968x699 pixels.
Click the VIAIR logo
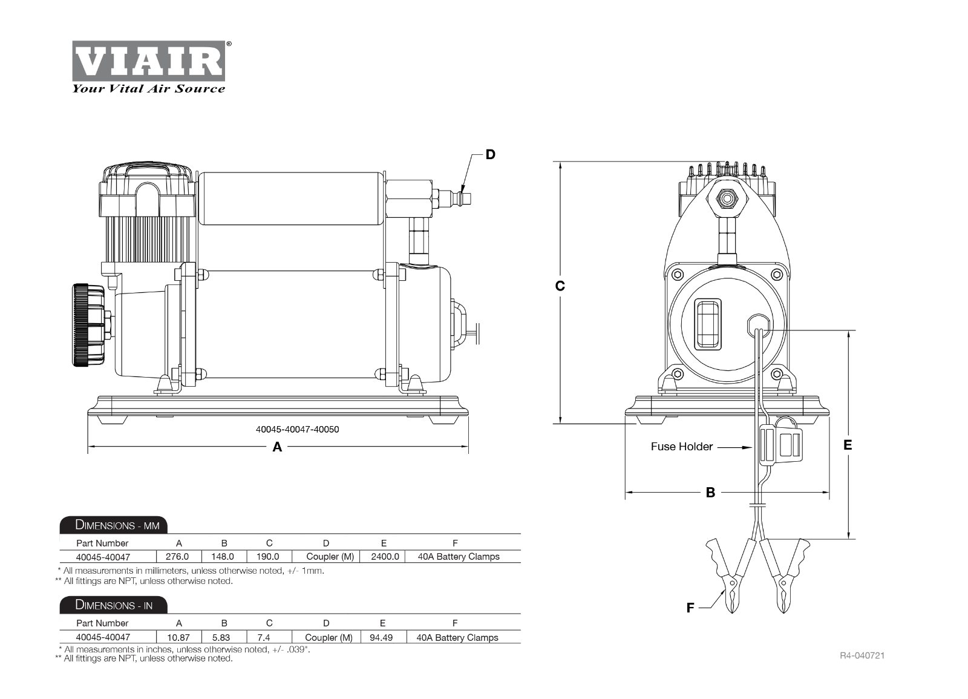(x=149, y=61)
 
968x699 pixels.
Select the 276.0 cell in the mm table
(x=177, y=556)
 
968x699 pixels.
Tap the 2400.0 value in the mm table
(x=385, y=556)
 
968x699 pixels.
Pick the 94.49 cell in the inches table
(x=381, y=637)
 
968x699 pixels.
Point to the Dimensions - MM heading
(x=114, y=525)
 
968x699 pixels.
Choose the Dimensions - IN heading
(x=114, y=605)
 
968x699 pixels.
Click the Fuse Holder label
(x=682, y=447)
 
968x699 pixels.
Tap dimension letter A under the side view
(x=277, y=447)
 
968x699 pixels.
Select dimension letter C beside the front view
(x=560, y=286)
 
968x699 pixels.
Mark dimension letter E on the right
(x=848, y=445)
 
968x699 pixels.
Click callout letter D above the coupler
(x=490, y=155)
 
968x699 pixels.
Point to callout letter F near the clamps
(x=690, y=608)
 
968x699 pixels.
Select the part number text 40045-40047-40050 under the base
(x=297, y=430)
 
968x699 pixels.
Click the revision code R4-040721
(x=862, y=655)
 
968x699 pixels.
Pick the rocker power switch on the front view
(x=708, y=324)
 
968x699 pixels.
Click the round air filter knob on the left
(x=88, y=325)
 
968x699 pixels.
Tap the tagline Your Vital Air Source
(x=149, y=89)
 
